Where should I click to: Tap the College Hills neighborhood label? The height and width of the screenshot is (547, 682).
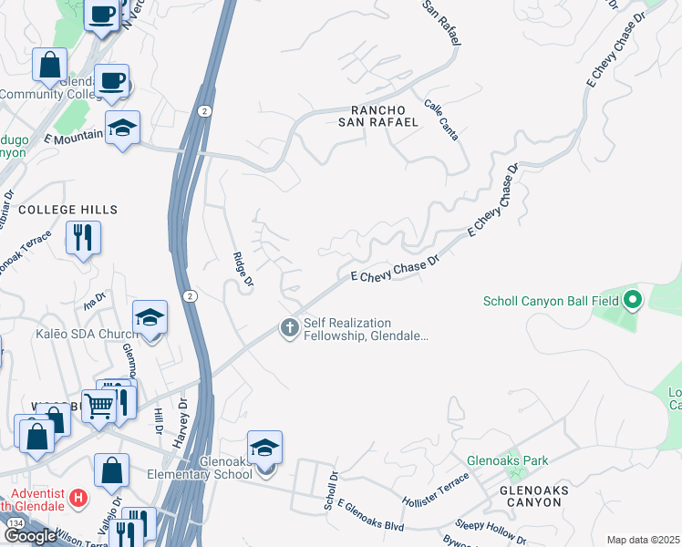pyautogui.click(x=68, y=210)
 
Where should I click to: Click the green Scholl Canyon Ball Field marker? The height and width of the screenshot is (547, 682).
pyautogui.click(x=632, y=300)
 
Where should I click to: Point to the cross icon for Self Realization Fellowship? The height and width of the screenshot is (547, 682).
pyautogui.click(x=289, y=328)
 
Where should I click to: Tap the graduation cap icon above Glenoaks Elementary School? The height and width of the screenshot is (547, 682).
pyautogui.click(x=264, y=448)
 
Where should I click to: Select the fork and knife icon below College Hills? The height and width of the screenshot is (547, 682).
pyautogui.click(x=83, y=237)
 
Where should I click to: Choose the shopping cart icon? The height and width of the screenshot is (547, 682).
pyautogui.click(x=99, y=406)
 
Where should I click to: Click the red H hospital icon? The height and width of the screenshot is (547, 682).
pyautogui.click(x=79, y=499)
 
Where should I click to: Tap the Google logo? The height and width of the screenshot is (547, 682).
pyautogui.click(x=30, y=536)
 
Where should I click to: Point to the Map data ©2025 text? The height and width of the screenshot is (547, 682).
pyautogui.click(x=643, y=540)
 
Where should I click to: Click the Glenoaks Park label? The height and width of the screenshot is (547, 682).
pyautogui.click(x=508, y=460)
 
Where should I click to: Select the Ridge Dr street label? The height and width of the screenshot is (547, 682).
pyautogui.click(x=242, y=271)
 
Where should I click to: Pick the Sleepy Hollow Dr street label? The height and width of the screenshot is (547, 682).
pyautogui.click(x=491, y=526)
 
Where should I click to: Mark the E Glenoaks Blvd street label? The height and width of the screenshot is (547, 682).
pyautogui.click(x=370, y=510)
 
